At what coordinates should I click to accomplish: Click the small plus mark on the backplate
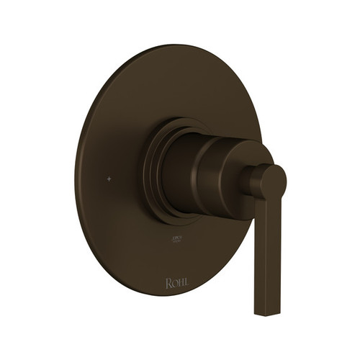(x=109, y=177)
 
